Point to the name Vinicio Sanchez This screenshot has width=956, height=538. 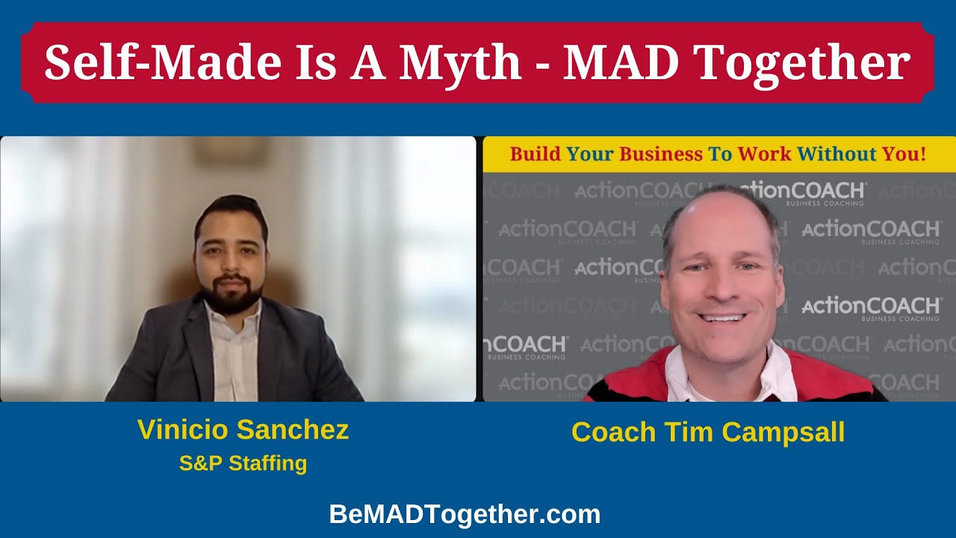[x=243, y=430]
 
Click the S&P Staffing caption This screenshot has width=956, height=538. [x=243, y=463]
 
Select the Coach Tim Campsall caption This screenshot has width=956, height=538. [x=708, y=432]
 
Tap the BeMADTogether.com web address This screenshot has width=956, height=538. [x=465, y=514]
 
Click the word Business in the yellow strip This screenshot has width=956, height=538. [x=661, y=155]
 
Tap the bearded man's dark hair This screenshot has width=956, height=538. [x=231, y=209]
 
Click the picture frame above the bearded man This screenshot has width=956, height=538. [x=222, y=150]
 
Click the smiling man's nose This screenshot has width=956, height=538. [x=722, y=288]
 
